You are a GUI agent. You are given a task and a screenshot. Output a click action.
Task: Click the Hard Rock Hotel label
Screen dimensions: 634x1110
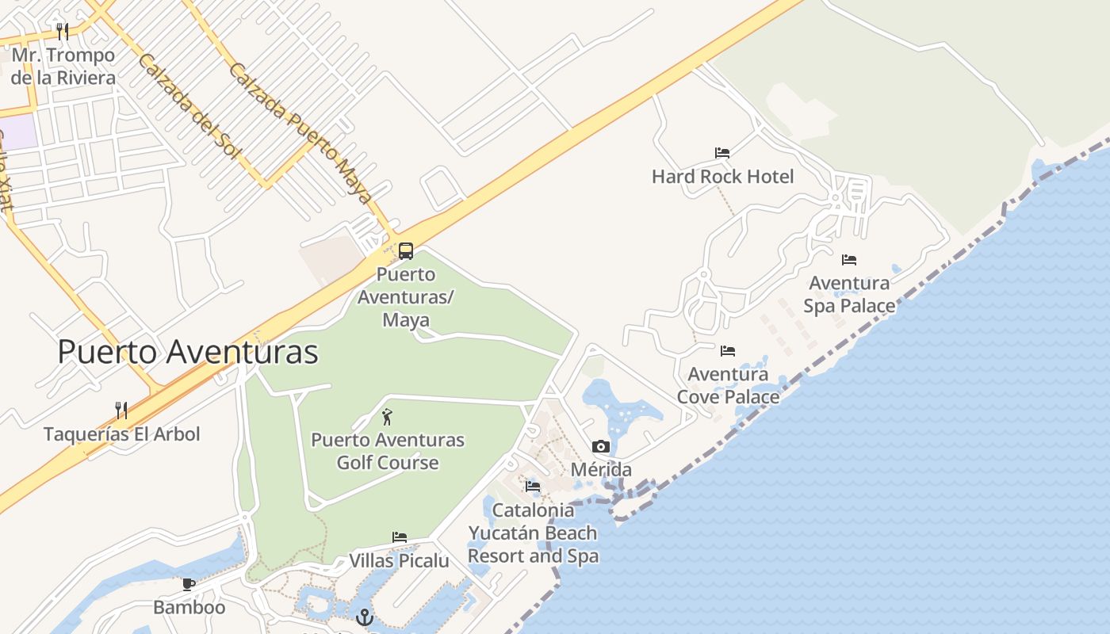(722, 176)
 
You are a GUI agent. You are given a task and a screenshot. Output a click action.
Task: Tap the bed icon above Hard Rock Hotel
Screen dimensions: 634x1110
(721, 152)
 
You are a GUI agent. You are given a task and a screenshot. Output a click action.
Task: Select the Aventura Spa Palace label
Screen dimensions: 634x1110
(849, 294)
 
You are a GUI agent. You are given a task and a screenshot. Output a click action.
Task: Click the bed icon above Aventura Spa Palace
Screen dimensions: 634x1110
(848, 259)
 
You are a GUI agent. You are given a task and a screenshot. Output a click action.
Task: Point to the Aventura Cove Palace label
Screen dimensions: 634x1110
(728, 384)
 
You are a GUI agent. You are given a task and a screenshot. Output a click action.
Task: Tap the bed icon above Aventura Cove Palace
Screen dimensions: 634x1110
(727, 350)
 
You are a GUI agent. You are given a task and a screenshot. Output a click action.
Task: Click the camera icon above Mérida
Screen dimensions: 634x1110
(600, 446)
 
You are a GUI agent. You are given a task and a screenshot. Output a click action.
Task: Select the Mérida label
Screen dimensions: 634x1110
(601, 469)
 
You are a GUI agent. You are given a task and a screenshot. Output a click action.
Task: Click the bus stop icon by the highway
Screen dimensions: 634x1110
(405, 251)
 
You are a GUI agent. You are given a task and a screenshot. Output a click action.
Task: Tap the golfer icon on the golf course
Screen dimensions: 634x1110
(387, 416)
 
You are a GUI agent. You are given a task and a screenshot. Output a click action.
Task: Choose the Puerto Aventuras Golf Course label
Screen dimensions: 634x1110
(387, 451)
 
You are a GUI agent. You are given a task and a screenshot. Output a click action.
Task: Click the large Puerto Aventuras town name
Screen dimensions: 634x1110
(188, 352)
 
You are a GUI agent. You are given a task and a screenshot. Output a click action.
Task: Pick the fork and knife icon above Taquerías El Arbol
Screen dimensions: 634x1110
(121, 410)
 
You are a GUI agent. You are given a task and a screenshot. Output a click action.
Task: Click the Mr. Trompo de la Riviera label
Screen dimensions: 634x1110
(63, 67)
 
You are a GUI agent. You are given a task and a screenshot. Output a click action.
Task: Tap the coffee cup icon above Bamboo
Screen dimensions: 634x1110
(188, 585)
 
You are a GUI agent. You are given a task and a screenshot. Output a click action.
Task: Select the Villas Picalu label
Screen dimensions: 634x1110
(399, 560)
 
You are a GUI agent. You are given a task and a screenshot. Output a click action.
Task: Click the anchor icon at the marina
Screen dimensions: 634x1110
(365, 617)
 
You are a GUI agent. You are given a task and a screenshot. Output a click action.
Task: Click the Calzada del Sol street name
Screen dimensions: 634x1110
(189, 106)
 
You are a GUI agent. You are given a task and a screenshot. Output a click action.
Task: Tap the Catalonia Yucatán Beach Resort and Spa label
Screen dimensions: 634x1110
(533, 533)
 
